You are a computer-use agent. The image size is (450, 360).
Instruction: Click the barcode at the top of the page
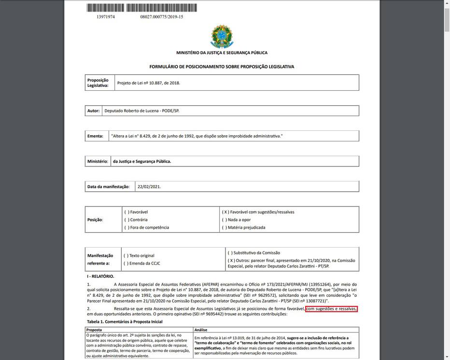135,8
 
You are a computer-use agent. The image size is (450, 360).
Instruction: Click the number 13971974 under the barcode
106,17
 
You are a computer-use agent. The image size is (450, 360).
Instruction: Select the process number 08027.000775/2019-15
162,17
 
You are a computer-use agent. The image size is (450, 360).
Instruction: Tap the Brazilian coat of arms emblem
222,37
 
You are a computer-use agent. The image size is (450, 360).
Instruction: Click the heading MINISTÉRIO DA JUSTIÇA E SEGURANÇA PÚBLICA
222,53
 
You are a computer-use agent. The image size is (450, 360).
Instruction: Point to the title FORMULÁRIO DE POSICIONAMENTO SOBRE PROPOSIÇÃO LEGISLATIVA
222,67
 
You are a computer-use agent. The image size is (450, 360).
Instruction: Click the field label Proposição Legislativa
98,83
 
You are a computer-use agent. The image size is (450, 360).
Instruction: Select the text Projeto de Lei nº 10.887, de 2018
149,83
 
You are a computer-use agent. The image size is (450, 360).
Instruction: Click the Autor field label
93,111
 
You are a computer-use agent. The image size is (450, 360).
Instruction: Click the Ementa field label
95,136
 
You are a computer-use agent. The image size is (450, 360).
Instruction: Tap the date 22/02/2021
149,186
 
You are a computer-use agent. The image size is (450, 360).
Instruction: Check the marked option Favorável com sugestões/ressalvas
258,212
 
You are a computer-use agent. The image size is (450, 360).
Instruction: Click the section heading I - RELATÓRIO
100,277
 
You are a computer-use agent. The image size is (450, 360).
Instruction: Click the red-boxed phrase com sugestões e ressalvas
331,308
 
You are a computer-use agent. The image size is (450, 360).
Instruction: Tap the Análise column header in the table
201,330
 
